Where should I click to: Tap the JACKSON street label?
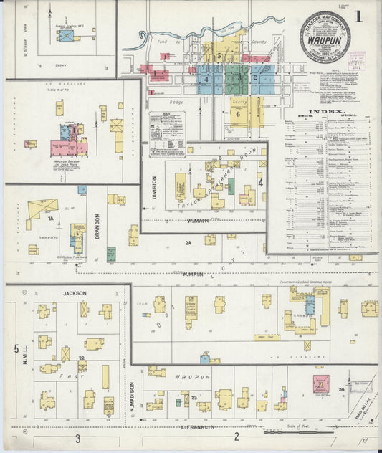click(x=74, y=293)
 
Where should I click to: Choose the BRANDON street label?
click(x=97, y=226)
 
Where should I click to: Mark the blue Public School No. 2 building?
click(x=67, y=34)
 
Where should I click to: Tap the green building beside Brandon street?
click(x=111, y=253)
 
